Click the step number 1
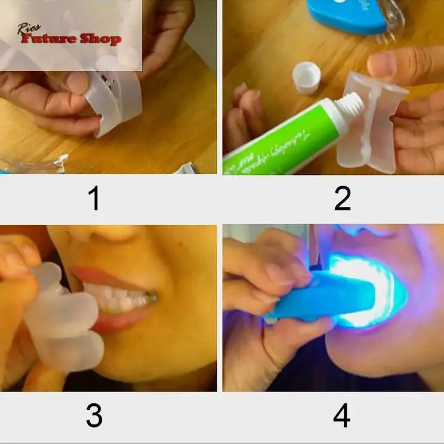tap(94, 199)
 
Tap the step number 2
tap(342, 199)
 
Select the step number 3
tap(94, 415)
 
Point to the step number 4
tap(341, 415)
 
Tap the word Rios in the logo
tap(29, 27)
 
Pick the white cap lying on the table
tap(306, 78)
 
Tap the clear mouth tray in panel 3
tap(63, 319)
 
